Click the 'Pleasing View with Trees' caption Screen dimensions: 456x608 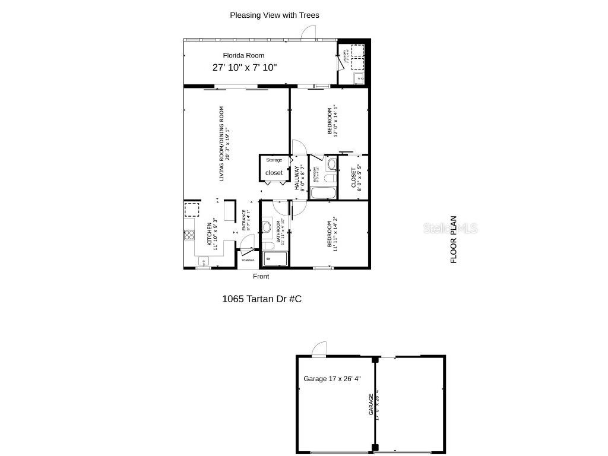pyautogui.click(x=274, y=15)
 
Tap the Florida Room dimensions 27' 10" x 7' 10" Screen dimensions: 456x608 pyautogui.click(x=245, y=68)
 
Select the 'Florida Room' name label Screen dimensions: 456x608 pyautogui.click(x=243, y=55)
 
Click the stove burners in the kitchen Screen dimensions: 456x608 pyautogui.click(x=189, y=234)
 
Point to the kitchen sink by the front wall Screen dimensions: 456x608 pyautogui.click(x=202, y=261)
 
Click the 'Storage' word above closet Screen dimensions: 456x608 pyautogui.click(x=274, y=160)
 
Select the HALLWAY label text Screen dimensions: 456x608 pyautogui.click(x=296, y=178)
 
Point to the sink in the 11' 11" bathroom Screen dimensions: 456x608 pyautogui.click(x=267, y=226)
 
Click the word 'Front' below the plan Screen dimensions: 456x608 pyautogui.click(x=261, y=277)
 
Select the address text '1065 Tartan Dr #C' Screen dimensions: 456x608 pyautogui.click(x=261, y=299)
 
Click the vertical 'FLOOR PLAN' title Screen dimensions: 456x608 pyautogui.click(x=454, y=239)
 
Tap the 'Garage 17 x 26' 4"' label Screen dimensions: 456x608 pyautogui.click(x=332, y=379)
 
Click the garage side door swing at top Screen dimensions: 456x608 pyautogui.click(x=319, y=349)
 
